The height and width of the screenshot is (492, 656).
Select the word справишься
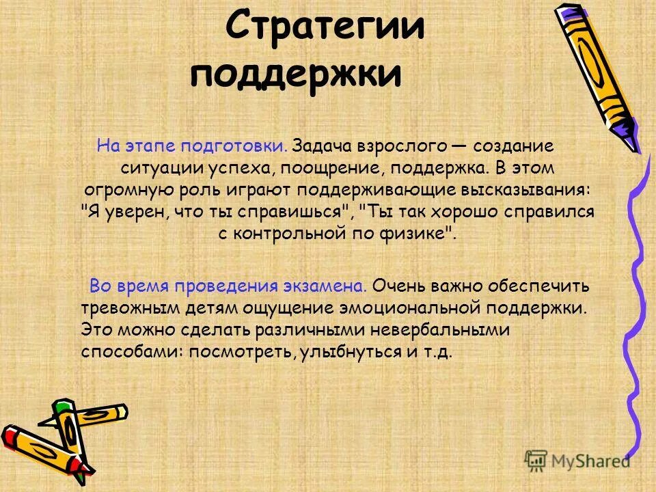pos(298,212)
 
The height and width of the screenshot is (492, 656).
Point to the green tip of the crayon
pos(64,409)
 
